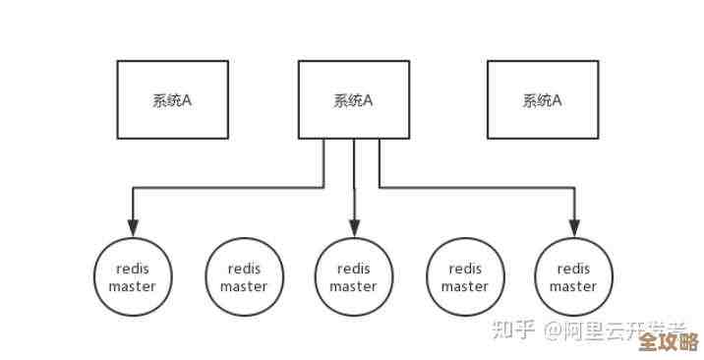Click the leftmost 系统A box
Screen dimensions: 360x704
173,99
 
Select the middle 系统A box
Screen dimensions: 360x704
353,99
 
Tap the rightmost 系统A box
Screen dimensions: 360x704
542,99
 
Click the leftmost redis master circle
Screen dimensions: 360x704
133,277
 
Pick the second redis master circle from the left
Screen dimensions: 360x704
243,277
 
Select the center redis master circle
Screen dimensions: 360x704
353,277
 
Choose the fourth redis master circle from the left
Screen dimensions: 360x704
464,277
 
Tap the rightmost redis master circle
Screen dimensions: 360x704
573,277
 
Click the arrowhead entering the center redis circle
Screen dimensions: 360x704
353,229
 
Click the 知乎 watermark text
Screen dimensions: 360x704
512,330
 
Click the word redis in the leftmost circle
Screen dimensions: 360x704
133,269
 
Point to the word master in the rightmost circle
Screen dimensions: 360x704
573,287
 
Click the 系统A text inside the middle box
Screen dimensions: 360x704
353,100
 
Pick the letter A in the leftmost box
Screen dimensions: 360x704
188,100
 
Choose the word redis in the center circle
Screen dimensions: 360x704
353,269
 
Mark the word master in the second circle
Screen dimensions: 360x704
243,287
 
